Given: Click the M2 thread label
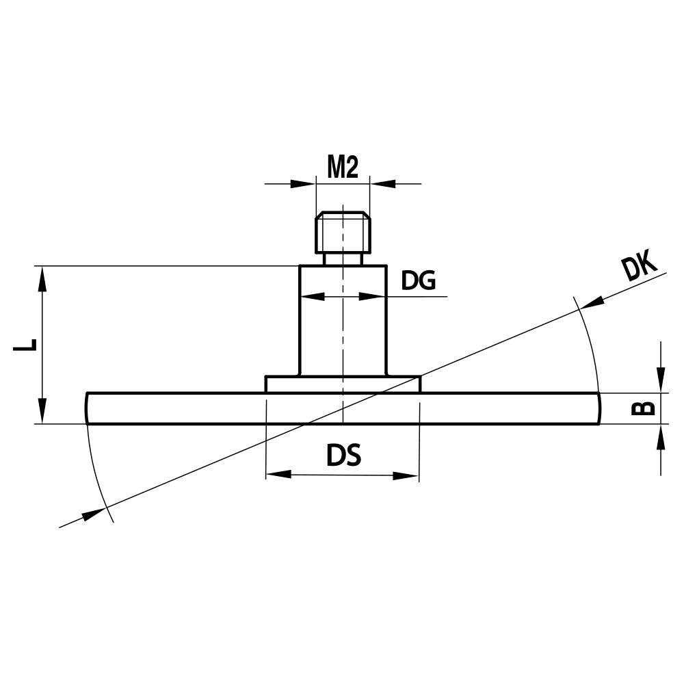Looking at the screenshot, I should point(343,167).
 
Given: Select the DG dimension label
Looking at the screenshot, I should point(418,280).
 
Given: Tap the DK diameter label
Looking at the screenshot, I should point(639,267).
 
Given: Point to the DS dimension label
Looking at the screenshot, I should point(343,456).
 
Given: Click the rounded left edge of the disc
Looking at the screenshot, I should point(88,408).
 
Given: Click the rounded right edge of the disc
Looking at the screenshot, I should point(598,408).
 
